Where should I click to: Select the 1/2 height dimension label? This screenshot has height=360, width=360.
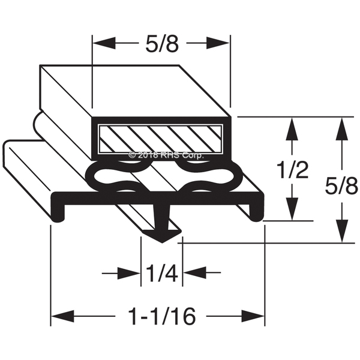[294, 170]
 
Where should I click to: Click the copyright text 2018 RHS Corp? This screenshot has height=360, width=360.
[166, 155]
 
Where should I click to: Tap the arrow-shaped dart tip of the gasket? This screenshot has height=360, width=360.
[162, 235]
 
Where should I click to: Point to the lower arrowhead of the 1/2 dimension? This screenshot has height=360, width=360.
[292, 211]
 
